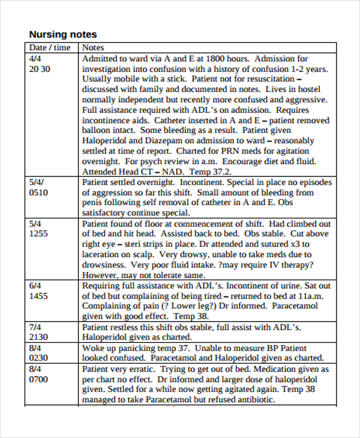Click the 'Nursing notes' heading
pos(63,34)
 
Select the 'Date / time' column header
pos(50,47)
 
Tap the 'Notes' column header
pos(93,47)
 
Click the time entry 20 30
pos(40,69)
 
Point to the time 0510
pos(38,193)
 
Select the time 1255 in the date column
pos(38,233)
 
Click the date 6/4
pos(35,286)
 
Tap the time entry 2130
pos(38,337)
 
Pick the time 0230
pos(38,358)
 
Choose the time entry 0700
pos(38,379)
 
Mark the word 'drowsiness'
pos(106,265)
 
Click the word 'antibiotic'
pos(254,400)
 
